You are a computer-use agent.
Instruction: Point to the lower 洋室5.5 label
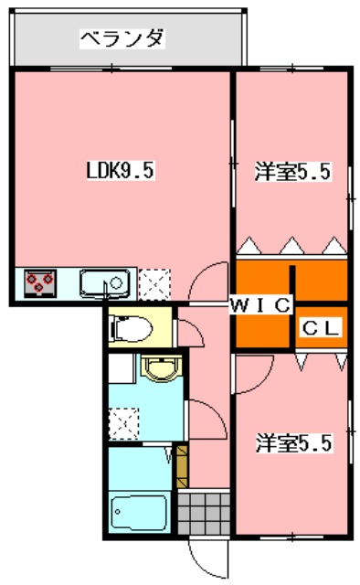tap(292, 443)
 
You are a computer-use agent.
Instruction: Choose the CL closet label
tap(320, 326)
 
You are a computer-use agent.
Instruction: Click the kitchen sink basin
tap(106, 284)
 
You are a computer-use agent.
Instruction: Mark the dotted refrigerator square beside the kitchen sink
tap(154, 283)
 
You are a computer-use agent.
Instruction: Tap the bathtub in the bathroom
tap(137, 512)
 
